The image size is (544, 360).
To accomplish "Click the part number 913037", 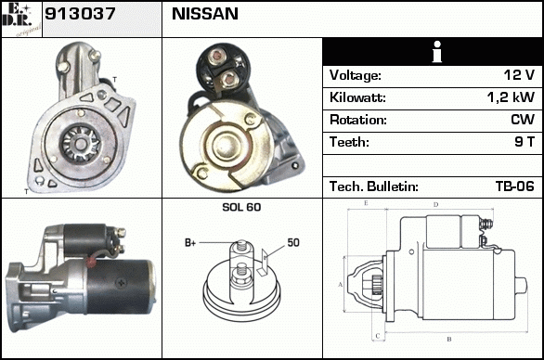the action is (80, 14).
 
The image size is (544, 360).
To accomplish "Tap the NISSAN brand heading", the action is (205, 14).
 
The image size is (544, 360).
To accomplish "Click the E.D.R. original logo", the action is (21, 19).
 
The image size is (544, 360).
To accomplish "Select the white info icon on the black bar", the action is (437, 52).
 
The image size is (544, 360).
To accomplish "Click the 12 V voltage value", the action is (519, 75).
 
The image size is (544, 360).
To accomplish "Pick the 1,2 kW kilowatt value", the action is (511, 97).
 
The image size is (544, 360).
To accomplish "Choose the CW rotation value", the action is (523, 120).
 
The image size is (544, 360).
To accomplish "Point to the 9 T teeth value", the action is (525, 142).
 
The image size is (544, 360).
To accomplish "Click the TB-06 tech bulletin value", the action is (515, 186).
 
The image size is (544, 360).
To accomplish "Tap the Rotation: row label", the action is (358, 120).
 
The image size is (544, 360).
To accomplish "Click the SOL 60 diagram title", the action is (241, 207).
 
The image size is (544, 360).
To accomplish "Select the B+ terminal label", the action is (190, 243).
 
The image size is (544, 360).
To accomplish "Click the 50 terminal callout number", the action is (293, 242).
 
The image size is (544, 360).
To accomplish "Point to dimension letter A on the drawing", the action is (340, 285).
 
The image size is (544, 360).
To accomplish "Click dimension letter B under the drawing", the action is (449, 339).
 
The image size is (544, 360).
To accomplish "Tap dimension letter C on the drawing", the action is (378, 336).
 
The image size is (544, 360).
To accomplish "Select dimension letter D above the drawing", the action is (435, 205).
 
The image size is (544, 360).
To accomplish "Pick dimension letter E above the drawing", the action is (366, 203).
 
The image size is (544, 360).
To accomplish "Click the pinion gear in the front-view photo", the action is (81, 144).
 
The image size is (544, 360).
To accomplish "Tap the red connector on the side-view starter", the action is (91, 261).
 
